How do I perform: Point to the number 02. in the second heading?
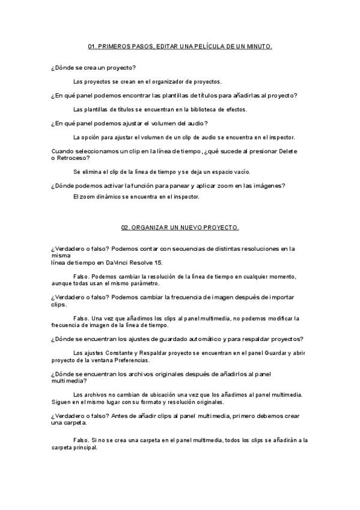pos(126,227)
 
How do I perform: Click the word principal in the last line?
pos(83,447)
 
